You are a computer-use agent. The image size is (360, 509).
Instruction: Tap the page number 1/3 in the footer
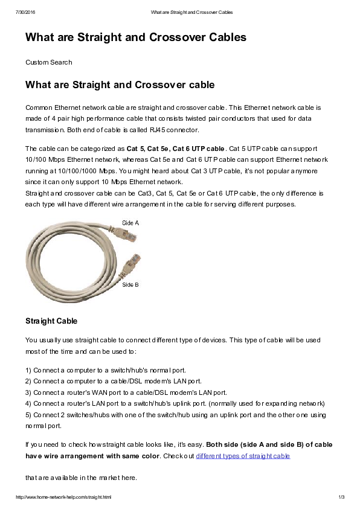pyautogui.click(x=341, y=497)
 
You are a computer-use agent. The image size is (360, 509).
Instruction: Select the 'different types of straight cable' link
pyautogui.click(x=243, y=456)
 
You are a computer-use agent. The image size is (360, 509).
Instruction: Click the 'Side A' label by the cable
pyautogui.click(x=130, y=223)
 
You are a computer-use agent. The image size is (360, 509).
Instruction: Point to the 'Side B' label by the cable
pyautogui.click(x=130, y=284)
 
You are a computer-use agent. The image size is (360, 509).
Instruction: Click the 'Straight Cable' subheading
pyautogui.click(x=51, y=320)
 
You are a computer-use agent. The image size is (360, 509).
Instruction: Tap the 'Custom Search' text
pyautogui.click(x=48, y=62)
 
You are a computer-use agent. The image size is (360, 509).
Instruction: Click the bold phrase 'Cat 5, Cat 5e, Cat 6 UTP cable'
pyautogui.click(x=175, y=148)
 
